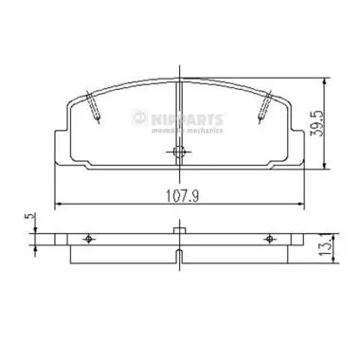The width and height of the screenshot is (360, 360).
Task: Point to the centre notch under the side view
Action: coord(179,254)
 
